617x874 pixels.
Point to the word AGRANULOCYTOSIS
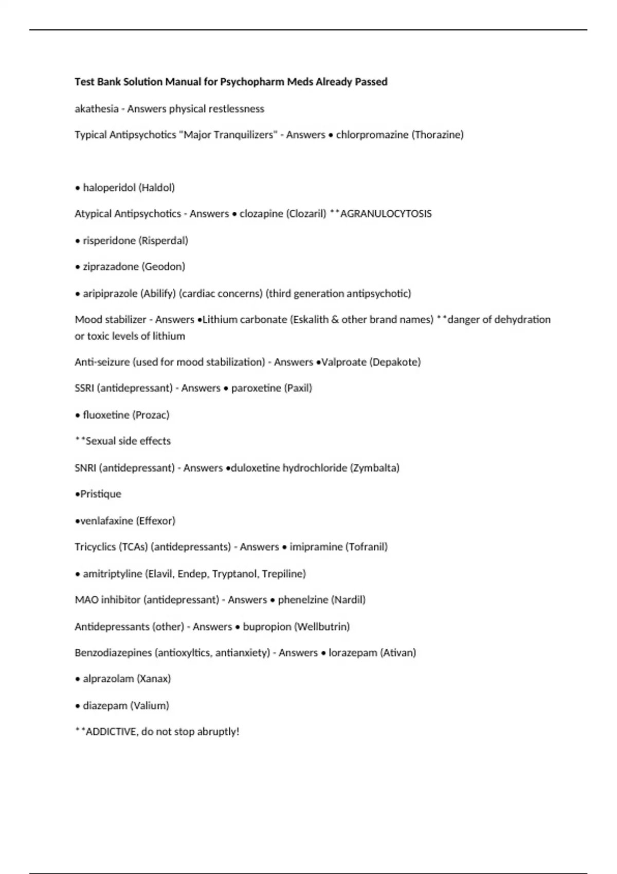(386, 214)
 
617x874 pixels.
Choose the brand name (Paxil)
(298, 388)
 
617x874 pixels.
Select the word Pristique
(101, 494)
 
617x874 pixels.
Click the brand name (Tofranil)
(366, 547)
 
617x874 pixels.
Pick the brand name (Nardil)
(348, 600)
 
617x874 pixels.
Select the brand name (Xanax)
(154, 679)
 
